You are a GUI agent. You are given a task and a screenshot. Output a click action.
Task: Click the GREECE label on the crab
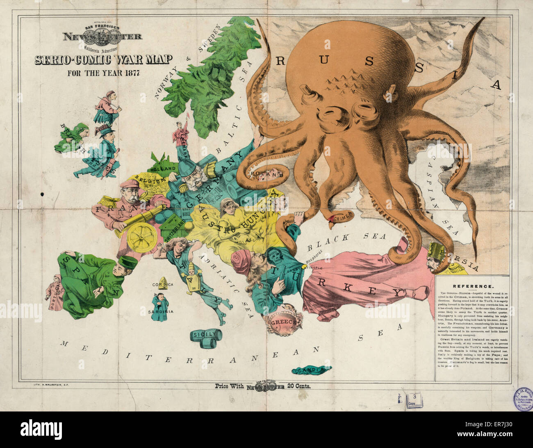283,322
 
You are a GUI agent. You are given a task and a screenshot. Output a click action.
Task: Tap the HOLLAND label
163,169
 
